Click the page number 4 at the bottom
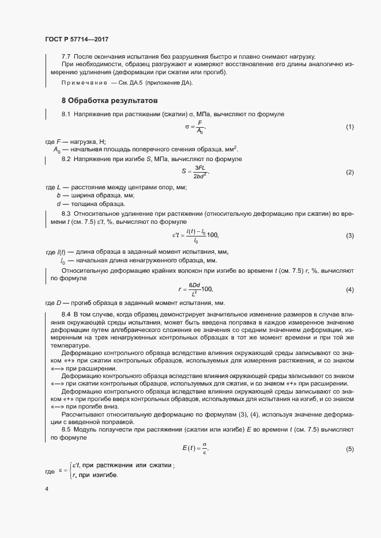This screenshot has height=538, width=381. click(x=47, y=489)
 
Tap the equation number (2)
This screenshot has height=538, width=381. click(x=349, y=173)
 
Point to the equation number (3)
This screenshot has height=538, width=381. click(x=349, y=236)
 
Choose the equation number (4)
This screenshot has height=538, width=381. click(x=349, y=289)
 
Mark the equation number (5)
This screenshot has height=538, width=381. click(x=349, y=449)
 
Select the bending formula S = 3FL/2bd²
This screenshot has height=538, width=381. click(x=195, y=172)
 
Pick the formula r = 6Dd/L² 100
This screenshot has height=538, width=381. click(x=195, y=289)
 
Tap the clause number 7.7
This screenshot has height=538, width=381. click(x=66, y=56)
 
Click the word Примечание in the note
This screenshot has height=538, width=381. click(x=84, y=83)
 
